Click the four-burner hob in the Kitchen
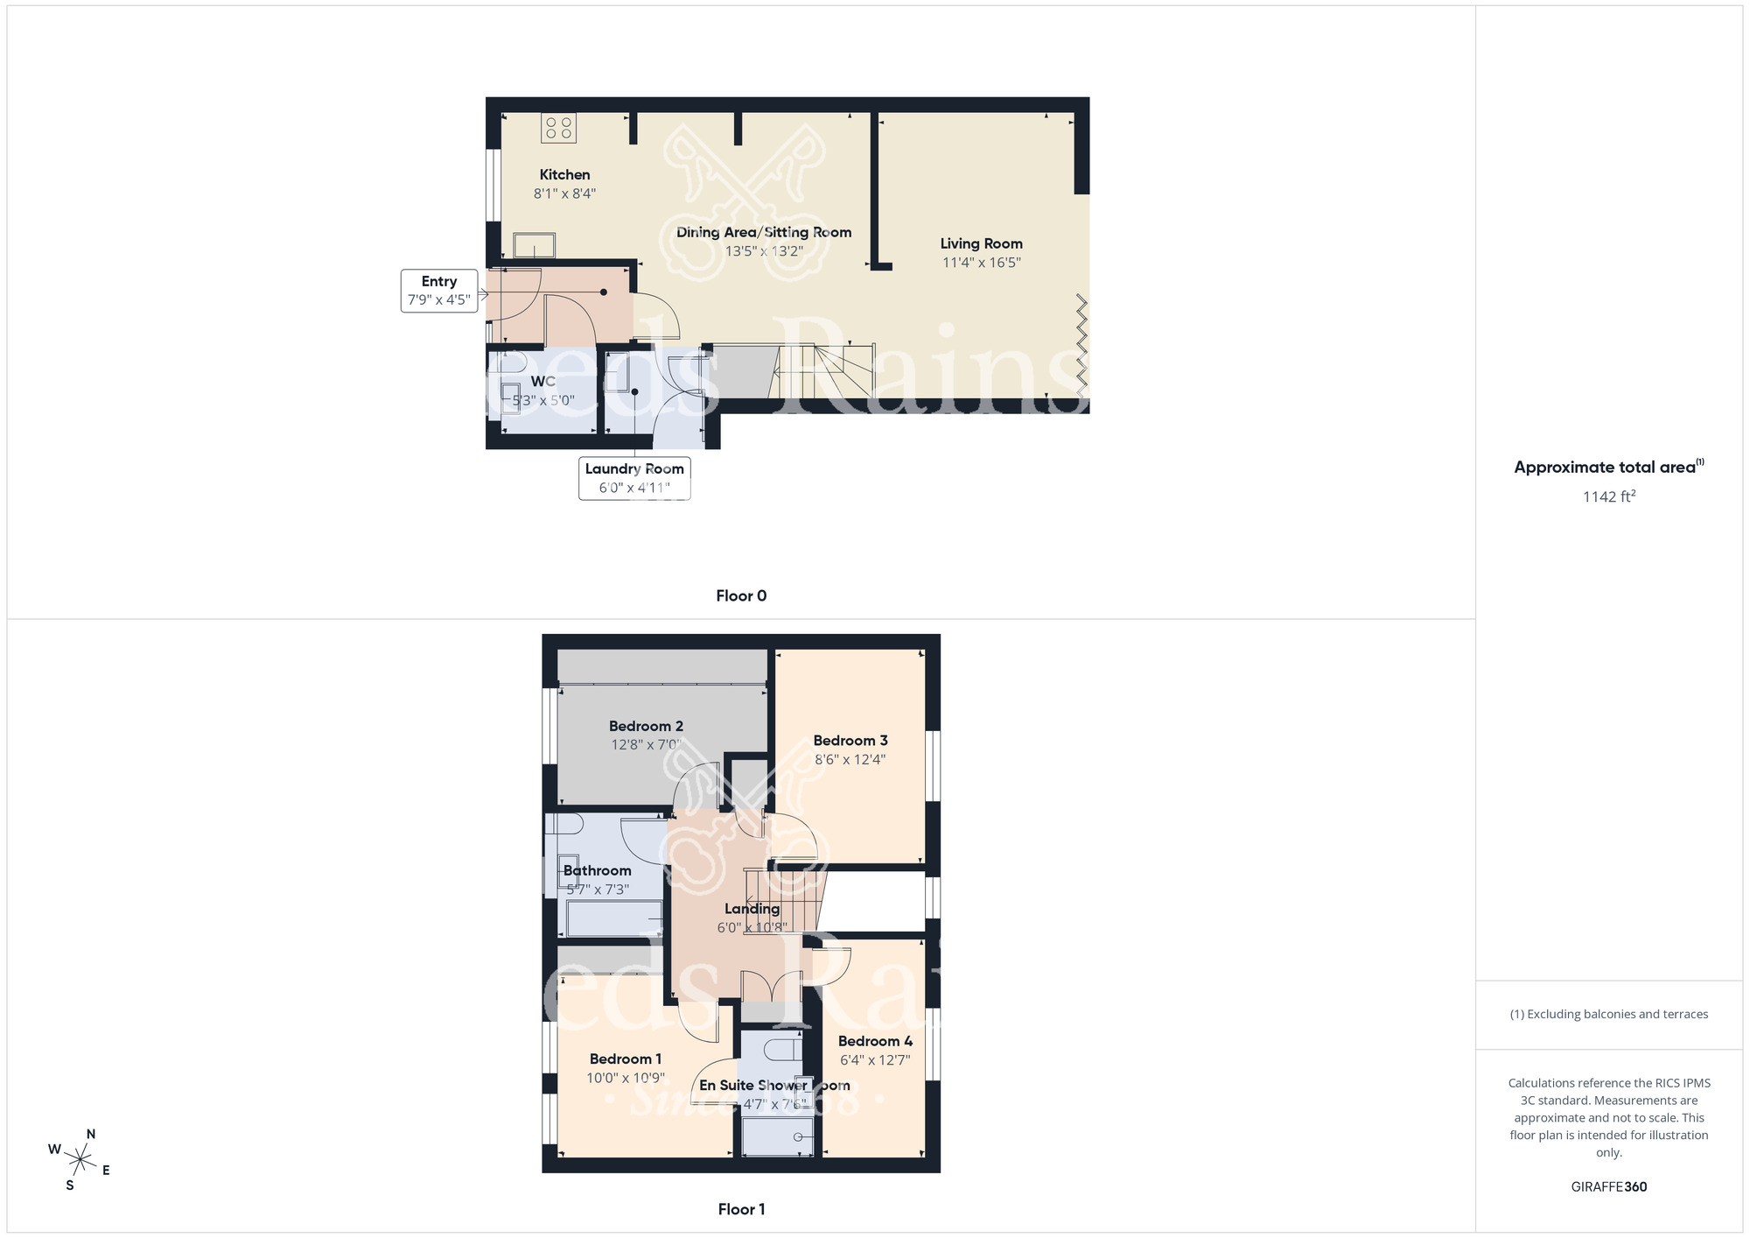click(x=558, y=128)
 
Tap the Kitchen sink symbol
click(x=534, y=245)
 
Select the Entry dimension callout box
click(x=439, y=291)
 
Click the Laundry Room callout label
click(x=634, y=478)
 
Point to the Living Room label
click(x=981, y=243)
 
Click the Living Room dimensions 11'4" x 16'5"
click(x=981, y=263)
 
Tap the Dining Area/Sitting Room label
click(x=764, y=232)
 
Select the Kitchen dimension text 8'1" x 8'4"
click(x=564, y=193)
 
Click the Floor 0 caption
click(x=741, y=596)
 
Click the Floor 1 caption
click(x=741, y=1209)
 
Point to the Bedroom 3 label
click(x=850, y=741)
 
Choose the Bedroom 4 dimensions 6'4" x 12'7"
click(x=875, y=1060)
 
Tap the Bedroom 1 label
click(x=625, y=1059)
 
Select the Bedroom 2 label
click(x=646, y=726)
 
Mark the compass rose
click(x=80, y=1161)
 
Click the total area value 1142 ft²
click(x=1608, y=496)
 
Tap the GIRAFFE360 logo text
click(x=1608, y=1187)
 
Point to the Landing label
click(x=752, y=909)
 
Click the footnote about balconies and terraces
click(x=1608, y=1014)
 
